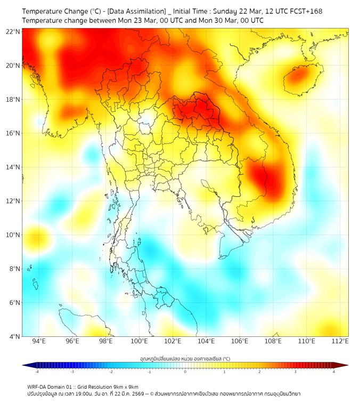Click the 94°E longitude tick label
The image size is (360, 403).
[39, 341]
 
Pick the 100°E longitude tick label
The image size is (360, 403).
[140, 341]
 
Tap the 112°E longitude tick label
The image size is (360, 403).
[340, 341]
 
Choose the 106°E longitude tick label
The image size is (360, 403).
[240, 341]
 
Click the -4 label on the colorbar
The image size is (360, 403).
[37, 372]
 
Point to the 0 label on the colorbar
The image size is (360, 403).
[185, 372]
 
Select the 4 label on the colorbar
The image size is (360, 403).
[333, 372]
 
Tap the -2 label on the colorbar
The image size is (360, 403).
[111, 372]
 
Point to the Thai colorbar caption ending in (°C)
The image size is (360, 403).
[185, 358]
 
